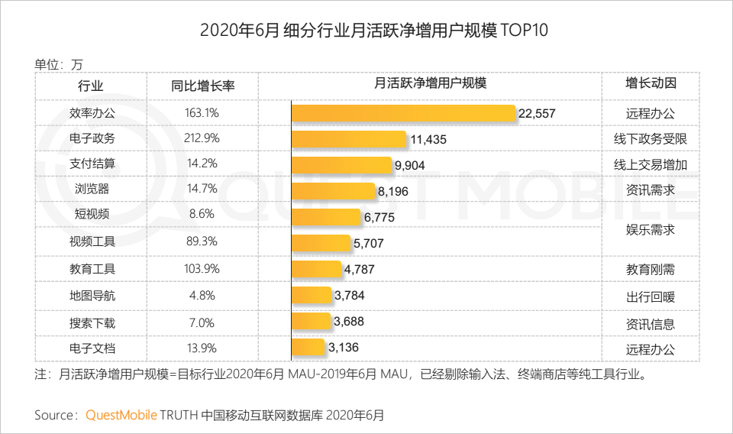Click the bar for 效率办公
(403, 113)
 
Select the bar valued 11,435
(348, 139)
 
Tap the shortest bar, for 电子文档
(308, 348)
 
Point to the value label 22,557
(537, 114)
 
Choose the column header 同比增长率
(202, 86)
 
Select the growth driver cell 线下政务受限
(651, 139)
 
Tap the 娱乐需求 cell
(651, 229)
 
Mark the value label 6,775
(379, 218)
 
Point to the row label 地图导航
(91, 295)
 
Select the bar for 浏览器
(333, 191)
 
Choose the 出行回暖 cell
(651, 297)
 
